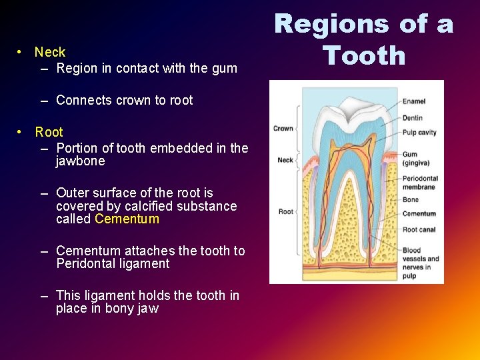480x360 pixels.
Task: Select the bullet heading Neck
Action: pyautogui.click(x=50, y=52)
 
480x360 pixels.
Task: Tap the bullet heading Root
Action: pyautogui.click(x=49, y=132)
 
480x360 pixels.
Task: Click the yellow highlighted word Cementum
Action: pyautogui.click(x=127, y=219)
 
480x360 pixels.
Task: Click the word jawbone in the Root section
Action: pyautogui.click(x=80, y=161)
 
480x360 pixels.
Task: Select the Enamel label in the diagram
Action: pyautogui.click(x=413, y=101)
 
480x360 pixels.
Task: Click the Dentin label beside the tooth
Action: pyautogui.click(x=412, y=118)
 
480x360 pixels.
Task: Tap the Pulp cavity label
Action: pyautogui.click(x=419, y=132)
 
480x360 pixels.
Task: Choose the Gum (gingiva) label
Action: pyautogui.click(x=415, y=159)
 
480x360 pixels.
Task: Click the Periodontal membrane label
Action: pyautogui.click(x=420, y=183)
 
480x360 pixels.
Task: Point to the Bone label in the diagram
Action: pyautogui.click(x=410, y=199)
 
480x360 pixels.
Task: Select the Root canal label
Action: pyautogui.click(x=419, y=229)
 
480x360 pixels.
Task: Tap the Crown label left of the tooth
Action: pyautogui.click(x=283, y=129)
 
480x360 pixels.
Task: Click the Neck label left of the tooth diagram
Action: pyautogui.click(x=285, y=160)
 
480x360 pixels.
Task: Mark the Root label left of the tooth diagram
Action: pyautogui.click(x=285, y=211)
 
